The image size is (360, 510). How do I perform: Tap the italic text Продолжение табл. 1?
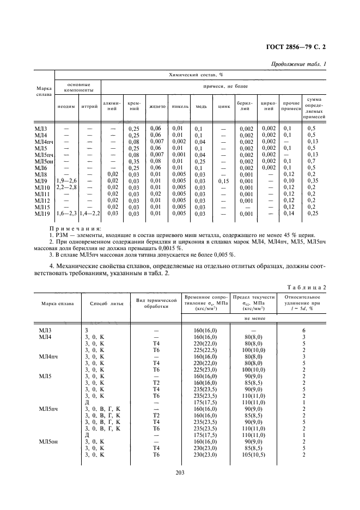pyautogui.click(x=298, y=65)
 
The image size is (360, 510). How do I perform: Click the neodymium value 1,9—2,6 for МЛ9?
pyautogui.click(x=66, y=180)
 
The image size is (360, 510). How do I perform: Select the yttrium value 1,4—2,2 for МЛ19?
pyautogui.click(x=89, y=214)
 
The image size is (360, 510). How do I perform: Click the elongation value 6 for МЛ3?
pyautogui.click(x=302, y=330)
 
